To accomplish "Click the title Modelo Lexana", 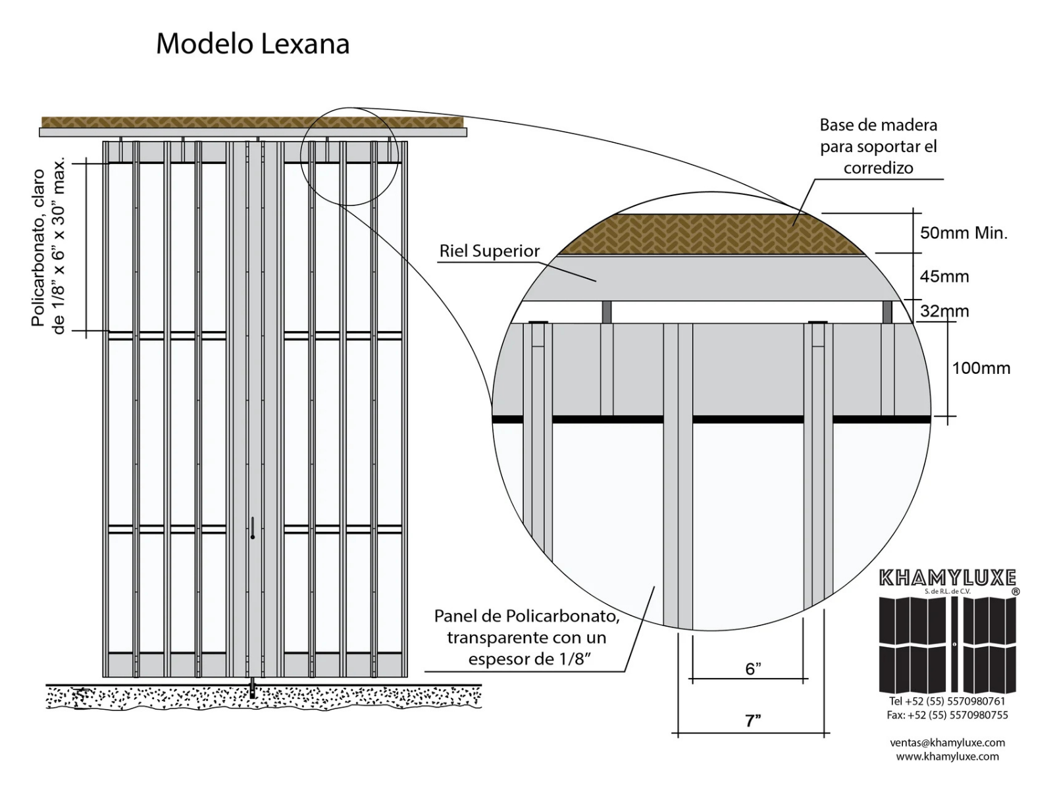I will pos(252,45).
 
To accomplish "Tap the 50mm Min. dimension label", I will pos(963,233).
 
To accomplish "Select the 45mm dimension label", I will pos(944,276).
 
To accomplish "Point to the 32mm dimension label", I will pos(944,311).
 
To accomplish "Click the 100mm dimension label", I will pos(981,368).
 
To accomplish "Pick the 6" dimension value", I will pos(753,670).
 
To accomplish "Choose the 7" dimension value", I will pos(753,721).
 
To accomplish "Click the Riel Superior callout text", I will pos(490,251).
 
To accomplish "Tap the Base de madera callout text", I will pos(878,146).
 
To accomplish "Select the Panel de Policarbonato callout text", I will pos(526,637).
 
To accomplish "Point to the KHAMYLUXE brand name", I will pos(948,579).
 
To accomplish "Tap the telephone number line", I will pos(947,702).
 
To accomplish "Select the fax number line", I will pos(947,715).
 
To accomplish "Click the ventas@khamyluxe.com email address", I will pos(947,743).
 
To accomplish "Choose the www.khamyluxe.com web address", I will pos(947,756).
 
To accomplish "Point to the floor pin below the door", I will pos(253,690).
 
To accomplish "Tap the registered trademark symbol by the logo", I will pos(1015,592).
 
